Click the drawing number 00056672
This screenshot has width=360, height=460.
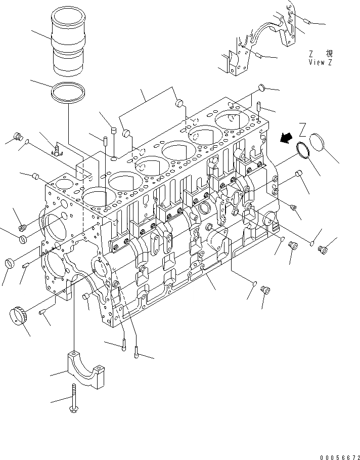pyautogui.click(x=339, y=455)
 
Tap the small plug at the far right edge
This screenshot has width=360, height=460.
pyautogui.click(x=323, y=248)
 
